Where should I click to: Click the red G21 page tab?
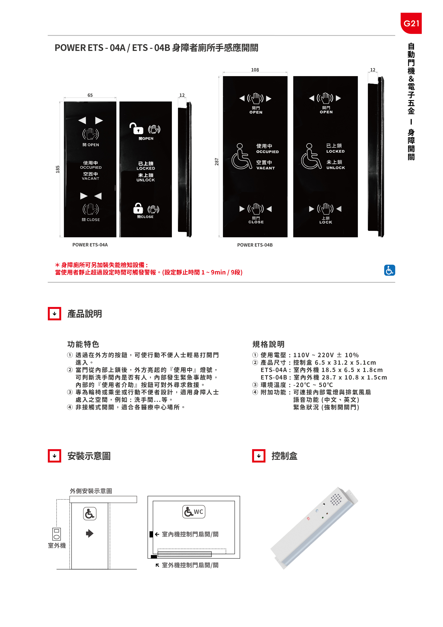(411, 23)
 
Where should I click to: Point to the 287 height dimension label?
(217, 162)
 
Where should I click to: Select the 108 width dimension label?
(255, 70)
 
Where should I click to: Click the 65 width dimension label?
(90, 95)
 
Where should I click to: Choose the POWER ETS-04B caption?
(255, 245)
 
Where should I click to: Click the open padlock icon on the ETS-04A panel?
(136, 129)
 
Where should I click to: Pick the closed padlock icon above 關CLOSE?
(138, 208)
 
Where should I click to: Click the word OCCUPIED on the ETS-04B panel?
(267, 152)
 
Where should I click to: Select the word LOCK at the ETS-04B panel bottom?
(326, 222)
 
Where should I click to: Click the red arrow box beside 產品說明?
(55, 314)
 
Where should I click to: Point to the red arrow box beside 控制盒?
(259, 456)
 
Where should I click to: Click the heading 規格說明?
(268, 344)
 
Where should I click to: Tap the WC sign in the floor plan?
(194, 512)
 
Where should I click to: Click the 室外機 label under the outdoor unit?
(57, 545)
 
